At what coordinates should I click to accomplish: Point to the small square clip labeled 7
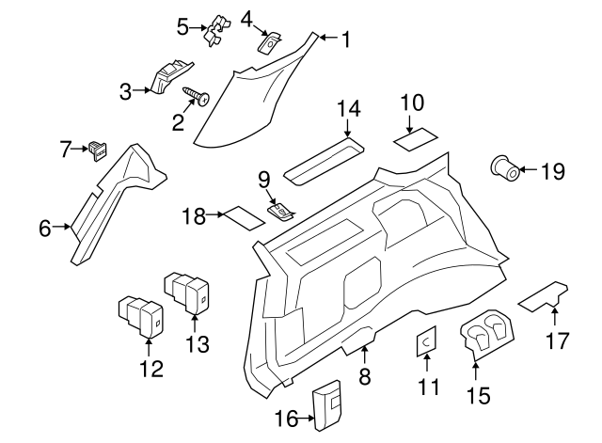pos(96,147)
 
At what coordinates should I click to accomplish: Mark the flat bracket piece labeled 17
pos(544,296)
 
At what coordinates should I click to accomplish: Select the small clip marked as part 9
pos(281,211)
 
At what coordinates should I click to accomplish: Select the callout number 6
pos(45,227)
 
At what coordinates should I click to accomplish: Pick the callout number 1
pos(345,40)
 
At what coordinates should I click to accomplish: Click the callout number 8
pos(365,377)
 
